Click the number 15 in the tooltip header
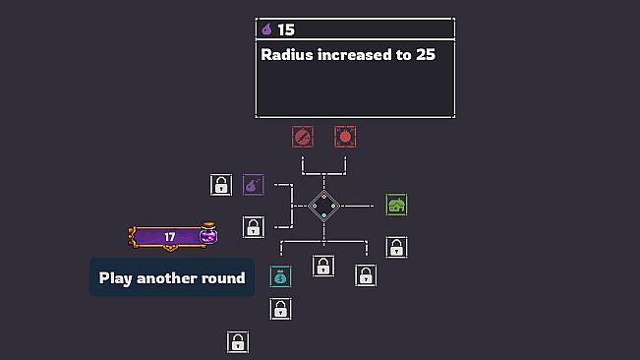(x=286, y=30)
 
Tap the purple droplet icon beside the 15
(x=267, y=30)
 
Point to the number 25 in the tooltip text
(x=426, y=55)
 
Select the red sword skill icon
(x=303, y=137)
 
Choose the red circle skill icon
(x=345, y=137)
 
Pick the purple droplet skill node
(x=253, y=185)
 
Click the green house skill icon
(x=396, y=205)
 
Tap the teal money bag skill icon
(x=280, y=276)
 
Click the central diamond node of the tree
(x=324, y=207)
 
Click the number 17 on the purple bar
(x=170, y=237)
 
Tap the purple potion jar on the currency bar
(x=208, y=233)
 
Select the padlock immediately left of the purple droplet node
(x=221, y=185)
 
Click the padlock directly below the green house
(x=396, y=247)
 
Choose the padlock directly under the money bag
(x=280, y=309)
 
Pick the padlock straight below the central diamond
(x=323, y=267)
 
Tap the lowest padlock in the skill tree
(x=238, y=342)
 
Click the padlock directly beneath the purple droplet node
(x=253, y=227)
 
